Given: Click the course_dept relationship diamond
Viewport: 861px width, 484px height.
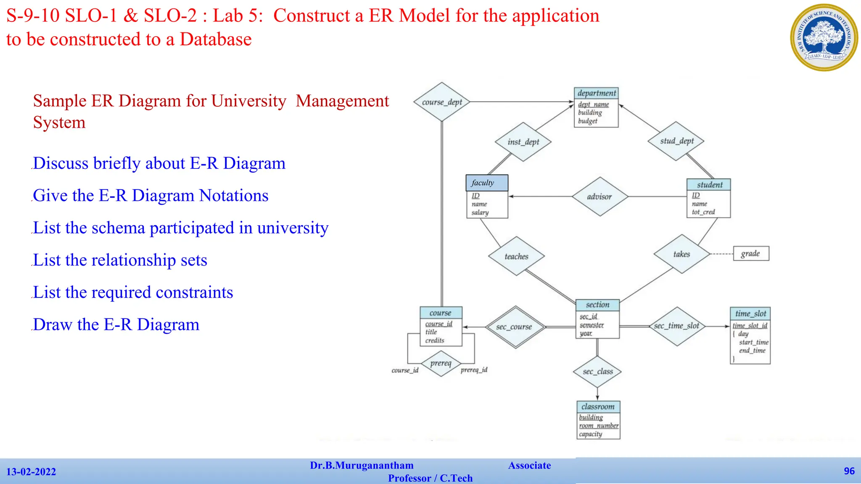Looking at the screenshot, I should [x=441, y=102].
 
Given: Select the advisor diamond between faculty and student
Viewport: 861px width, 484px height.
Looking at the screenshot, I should [x=600, y=197].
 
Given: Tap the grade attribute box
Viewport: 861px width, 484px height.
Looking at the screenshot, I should [x=751, y=254].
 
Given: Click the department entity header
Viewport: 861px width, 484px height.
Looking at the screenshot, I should [x=596, y=93].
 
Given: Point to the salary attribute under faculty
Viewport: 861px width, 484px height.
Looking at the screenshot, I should [x=480, y=213].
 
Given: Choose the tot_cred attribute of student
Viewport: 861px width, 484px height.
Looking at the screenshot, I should [x=703, y=212].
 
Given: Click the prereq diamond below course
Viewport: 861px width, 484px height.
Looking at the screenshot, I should [x=441, y=363].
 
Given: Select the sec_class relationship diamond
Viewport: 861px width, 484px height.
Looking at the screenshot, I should [x=597, y=372].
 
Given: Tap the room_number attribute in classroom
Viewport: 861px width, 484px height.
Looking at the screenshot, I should [x=598, y=426].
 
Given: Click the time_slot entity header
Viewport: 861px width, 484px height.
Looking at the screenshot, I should [x=750, y=313].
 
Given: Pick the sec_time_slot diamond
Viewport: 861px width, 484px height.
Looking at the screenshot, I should [x=676, y=326].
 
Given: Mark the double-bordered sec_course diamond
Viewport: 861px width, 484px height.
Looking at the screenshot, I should [x=515, y=327].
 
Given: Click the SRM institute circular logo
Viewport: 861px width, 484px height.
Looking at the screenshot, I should [x=824, y=37].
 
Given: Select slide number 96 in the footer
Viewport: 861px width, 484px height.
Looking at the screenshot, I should [x=849, y=471].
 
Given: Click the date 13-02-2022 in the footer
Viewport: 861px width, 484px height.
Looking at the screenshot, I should [x=31, y=472].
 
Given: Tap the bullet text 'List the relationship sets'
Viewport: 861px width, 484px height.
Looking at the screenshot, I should [x=120, y=260].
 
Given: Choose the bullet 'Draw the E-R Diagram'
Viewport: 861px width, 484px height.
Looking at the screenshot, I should [x=116, y=325].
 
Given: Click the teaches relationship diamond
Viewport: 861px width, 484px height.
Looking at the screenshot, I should [x=516, y=256].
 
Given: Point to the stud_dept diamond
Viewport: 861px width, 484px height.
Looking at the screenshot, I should [x=676, y=141].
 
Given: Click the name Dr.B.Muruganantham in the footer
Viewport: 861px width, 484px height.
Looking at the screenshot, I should [x=362, y=466].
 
